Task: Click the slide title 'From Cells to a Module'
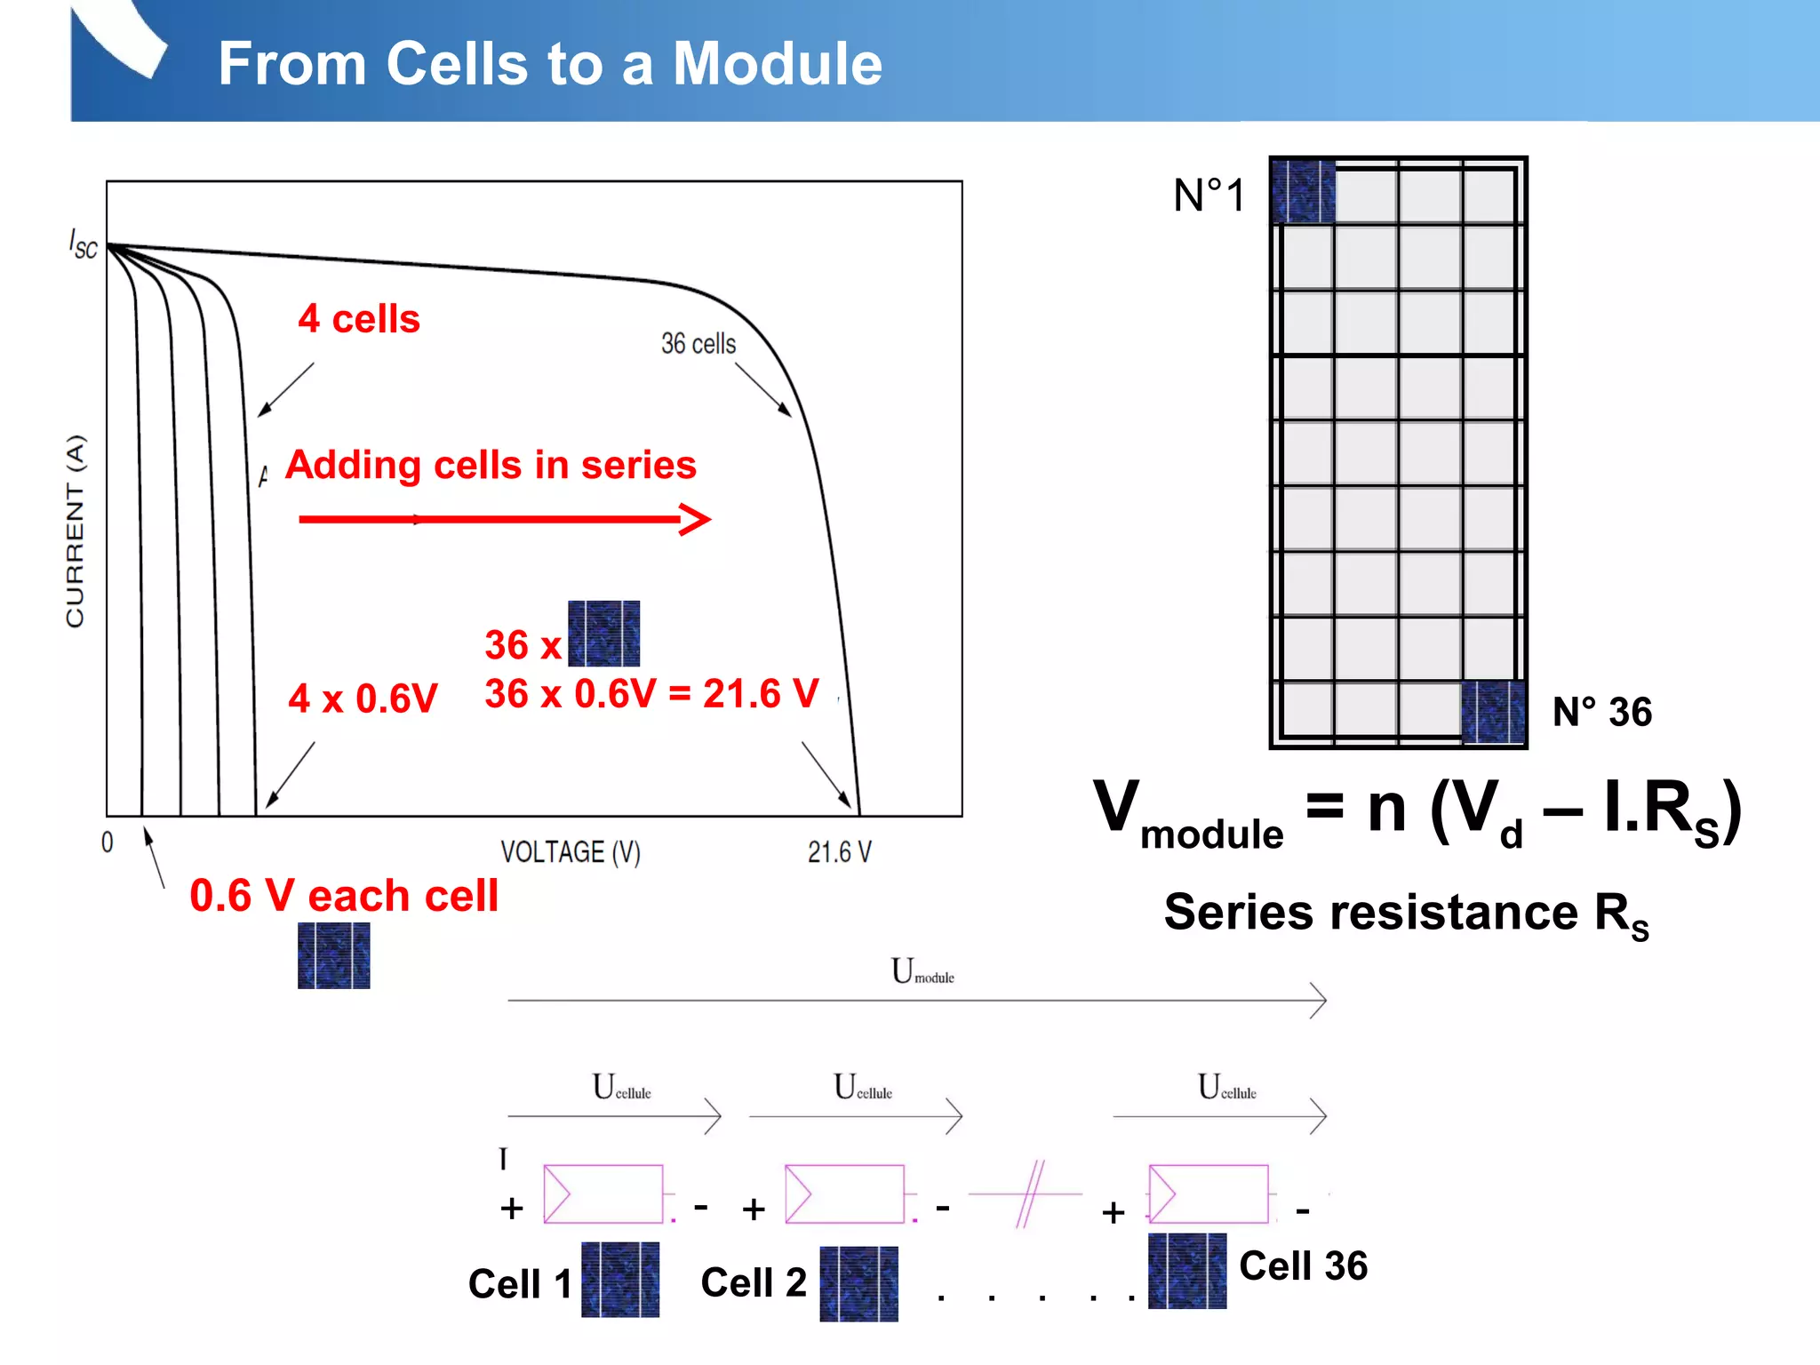coord(550,64)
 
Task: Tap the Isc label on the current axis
coord(83,243)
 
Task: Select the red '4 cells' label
coord(359,319)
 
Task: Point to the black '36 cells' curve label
coord(698,344)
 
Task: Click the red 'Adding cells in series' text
coord(491,465)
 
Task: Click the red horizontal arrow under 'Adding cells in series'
coord(504,519)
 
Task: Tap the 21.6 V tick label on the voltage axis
coord(839,852)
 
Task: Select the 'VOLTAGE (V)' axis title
coord(570,852)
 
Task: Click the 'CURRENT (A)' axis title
coord(76,531)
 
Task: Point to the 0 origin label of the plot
coord(108,842)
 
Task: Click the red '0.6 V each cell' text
coord(344,896)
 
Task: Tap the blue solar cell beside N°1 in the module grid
coord(1304,191)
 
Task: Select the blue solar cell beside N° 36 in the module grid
coord(1493,711)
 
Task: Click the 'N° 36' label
coord(1601,712)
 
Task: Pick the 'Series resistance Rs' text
coord(1406,914)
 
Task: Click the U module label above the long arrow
coord(922,971)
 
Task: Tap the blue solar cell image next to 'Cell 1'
coord(620,1279)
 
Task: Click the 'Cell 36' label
coord(1303,1265)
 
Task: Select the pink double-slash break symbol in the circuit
coord(1029,1193)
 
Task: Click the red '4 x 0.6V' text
coord(363,698)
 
